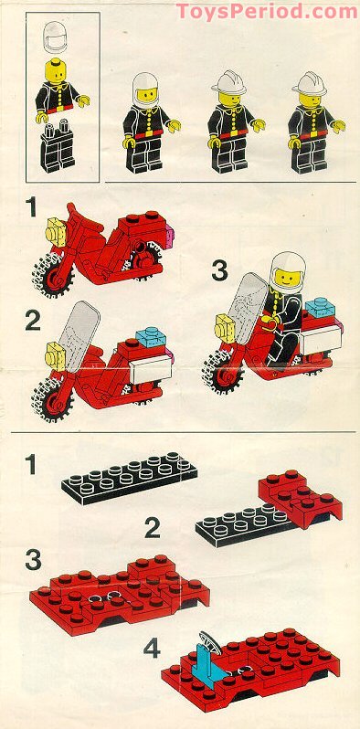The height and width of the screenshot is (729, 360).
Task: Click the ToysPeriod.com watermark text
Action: (267, 11)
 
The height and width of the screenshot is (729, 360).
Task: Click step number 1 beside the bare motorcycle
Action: (32, 209)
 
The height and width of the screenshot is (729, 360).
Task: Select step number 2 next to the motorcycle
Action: (32, 320)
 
